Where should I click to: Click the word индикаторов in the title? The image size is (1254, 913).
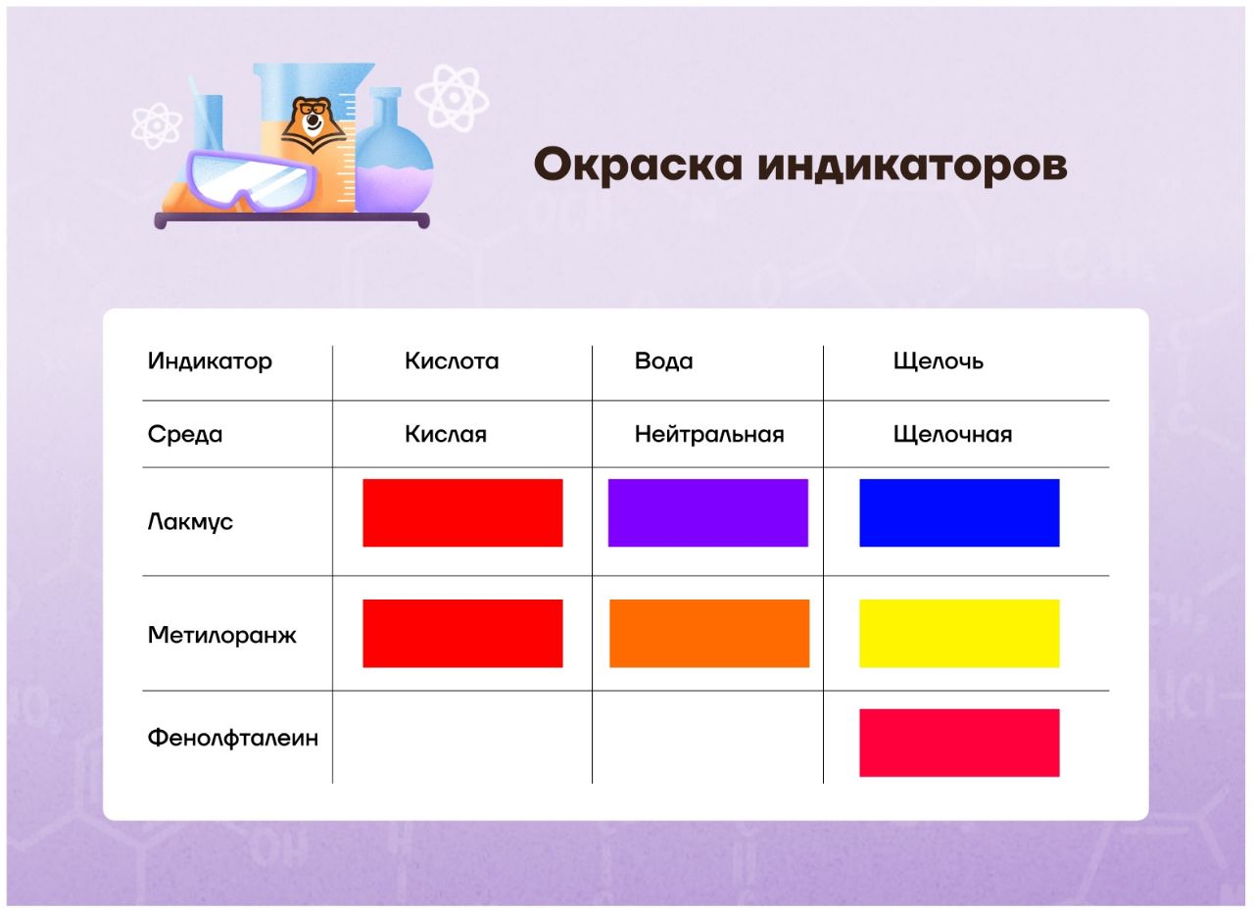click(x=912, y=167)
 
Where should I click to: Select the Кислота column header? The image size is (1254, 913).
click(x=452, y=361)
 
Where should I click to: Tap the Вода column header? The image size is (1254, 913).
click(x=663, y=361)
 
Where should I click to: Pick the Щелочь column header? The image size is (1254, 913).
click(x=938, y=361)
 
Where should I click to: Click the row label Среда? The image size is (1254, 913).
click(x=185, y=434)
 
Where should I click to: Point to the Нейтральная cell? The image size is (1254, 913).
click(x=708, y=434)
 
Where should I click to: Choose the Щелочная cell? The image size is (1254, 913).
click(x=952, y=435)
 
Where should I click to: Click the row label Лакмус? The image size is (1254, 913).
click(x=190, y=522)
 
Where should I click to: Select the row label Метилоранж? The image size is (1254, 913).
click(x=221, y=636)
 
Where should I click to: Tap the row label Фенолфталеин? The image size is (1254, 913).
click(x=233, y=738)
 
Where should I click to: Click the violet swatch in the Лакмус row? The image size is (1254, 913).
click(x=707, y=512)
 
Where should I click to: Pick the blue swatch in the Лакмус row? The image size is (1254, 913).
click(x=959, y=512)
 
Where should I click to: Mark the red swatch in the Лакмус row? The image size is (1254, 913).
click(x=462, y=512)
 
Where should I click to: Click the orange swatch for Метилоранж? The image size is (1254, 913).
click(x=709, y=634)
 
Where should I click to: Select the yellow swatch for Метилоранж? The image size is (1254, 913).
click(x=959, y=634)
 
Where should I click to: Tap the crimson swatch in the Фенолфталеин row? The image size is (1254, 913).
click(x=959, y=743)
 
